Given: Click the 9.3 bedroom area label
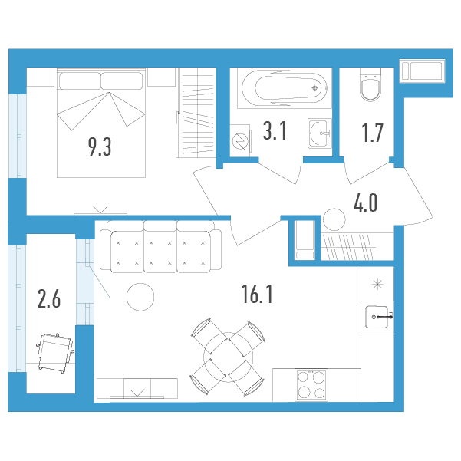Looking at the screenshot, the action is click(100, 147).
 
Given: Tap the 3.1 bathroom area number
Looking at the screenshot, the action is click(275, 131).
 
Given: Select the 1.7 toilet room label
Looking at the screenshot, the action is click(372, 133).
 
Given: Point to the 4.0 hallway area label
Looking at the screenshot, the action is click(365, 203).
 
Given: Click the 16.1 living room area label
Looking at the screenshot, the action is click(257, 295).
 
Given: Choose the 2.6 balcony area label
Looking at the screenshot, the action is click(49, 298).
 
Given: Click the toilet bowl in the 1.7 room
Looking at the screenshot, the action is click(370, 85).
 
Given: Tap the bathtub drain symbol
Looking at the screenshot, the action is click(315, 88).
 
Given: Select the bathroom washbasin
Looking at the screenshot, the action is click(320, 133).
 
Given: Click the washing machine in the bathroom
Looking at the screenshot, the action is click(240, 141).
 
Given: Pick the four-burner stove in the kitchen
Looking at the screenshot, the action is click(311, 385).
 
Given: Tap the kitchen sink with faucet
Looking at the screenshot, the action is click(377, 317).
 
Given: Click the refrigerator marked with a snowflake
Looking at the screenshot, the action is click(377, 285).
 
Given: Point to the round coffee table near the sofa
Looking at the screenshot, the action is click(140, 297).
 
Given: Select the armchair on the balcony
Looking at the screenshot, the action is click(55, 353).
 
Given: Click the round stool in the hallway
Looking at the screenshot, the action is click(334, 219).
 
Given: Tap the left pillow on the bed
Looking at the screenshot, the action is click(80, 81).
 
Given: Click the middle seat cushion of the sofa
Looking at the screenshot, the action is click(160, 252).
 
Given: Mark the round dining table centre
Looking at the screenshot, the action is click(228, 357).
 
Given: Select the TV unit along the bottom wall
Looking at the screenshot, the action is click(137, 389).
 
